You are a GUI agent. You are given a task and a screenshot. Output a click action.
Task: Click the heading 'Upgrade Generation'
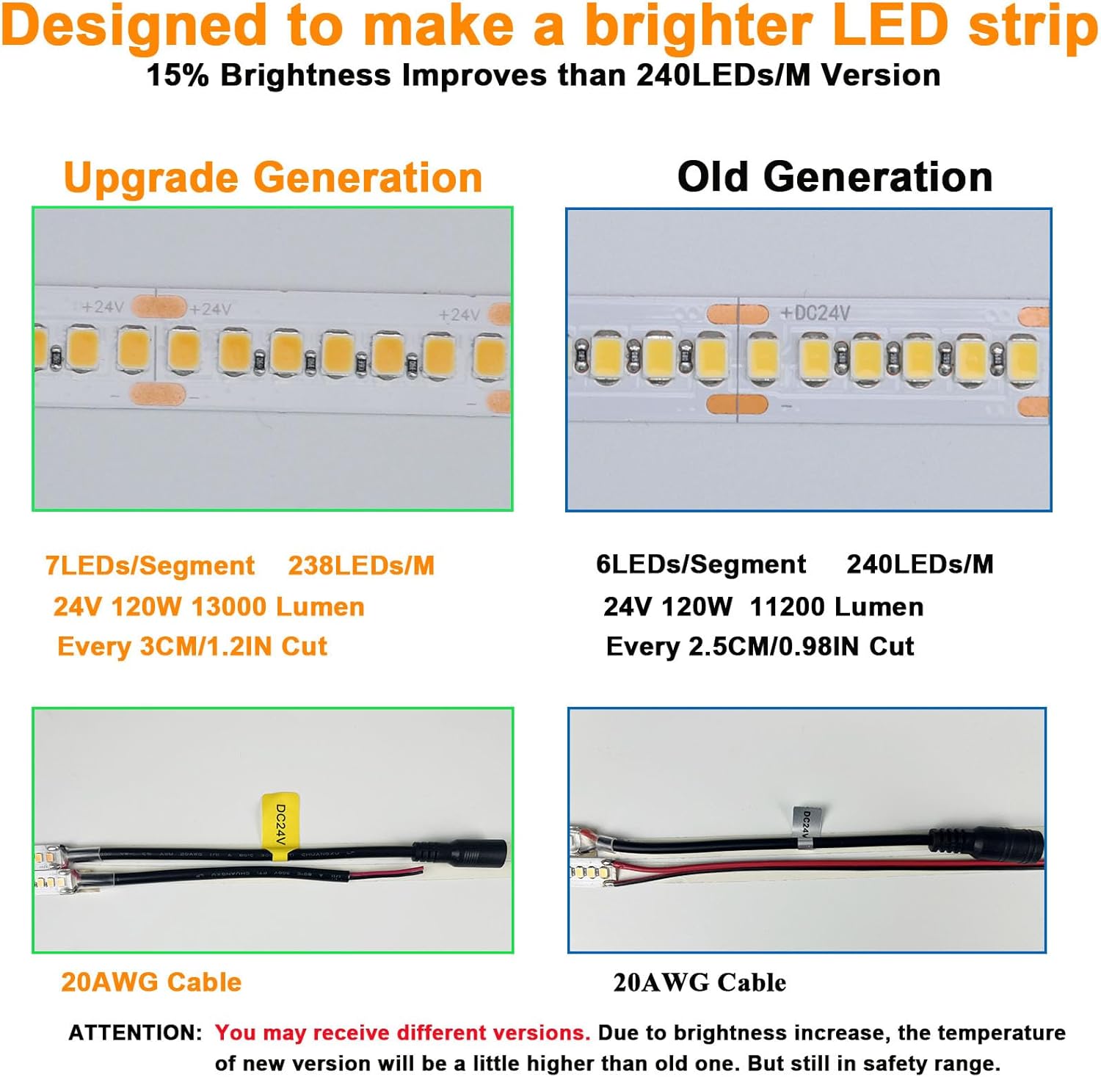[273, 178]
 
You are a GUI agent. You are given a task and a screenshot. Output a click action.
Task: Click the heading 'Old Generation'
[835, 178]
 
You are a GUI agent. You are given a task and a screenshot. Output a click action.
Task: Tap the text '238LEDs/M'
[361, 565]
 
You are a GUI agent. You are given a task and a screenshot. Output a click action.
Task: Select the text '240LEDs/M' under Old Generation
[920, 564]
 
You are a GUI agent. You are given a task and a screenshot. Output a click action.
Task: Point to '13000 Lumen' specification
[277, 607]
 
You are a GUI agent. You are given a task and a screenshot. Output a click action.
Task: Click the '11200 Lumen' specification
[837, 607]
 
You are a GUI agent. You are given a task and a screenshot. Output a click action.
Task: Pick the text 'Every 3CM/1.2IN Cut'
[192, 646]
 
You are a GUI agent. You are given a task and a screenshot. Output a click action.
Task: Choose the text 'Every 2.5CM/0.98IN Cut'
[760, 646]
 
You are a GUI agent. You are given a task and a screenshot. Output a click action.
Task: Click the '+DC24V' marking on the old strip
[815, 313]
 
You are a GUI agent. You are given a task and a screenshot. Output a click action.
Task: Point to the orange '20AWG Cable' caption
[151, 982]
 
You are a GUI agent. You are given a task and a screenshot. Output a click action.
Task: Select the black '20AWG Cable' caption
[700, 982]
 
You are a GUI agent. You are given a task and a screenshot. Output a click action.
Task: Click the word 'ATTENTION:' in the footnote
[135, 1033]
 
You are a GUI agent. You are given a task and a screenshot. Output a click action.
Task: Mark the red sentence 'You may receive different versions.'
[402, 1033]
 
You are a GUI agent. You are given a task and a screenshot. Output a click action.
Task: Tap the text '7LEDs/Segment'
[150, 565]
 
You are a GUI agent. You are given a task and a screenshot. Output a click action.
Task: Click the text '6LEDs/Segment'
[701, 564]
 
